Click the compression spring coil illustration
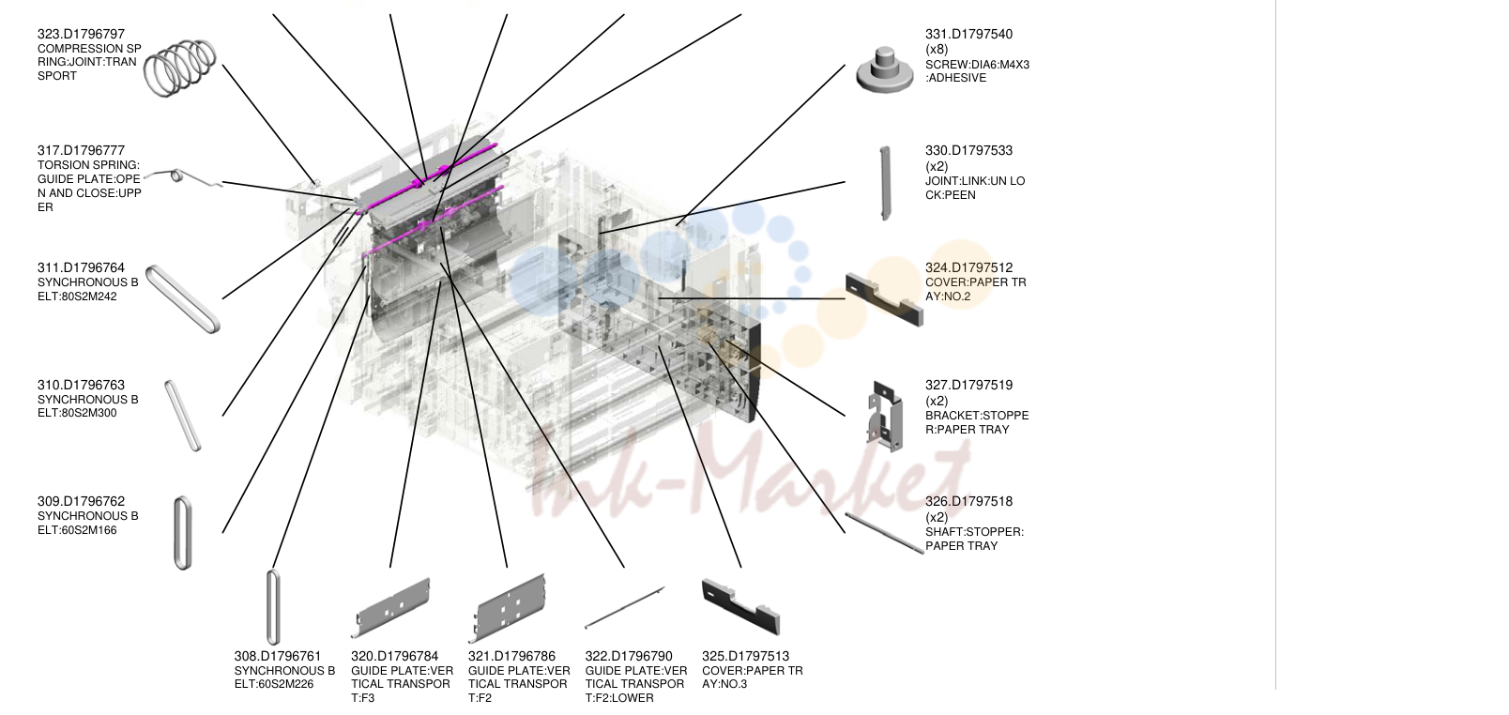[x=180, y=68]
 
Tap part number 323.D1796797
[x=81, y=34]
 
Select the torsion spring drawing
[x=183, y=177]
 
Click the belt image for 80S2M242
[x=183, y=298]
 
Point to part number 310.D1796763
[x=81, y=385]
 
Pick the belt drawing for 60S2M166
[x=183, y=533]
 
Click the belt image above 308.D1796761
[x=273, y=607]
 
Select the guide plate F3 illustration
[x=390, y=607]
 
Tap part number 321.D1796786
[x=511, y=656]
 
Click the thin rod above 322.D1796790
[x=624, y=607]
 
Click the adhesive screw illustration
[x=885, y=70]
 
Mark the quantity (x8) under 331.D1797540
[x=937, y=49]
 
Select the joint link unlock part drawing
[x=885, y=183]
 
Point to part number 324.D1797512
[x=968, y=267]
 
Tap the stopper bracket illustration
[x=885, y=416]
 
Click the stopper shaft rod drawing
[x=885, y=533]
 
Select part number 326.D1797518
[x=968, y=501]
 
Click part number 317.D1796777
[x=81, y=150]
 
